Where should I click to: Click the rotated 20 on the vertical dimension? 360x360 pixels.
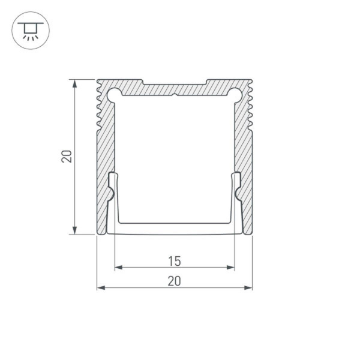click(67, 157)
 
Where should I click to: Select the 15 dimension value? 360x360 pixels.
click(174, 260)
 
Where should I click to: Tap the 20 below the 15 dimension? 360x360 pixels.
click(174, 280)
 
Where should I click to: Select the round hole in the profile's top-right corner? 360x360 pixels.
click(236, 94)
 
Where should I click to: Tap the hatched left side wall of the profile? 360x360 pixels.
click(104, 156)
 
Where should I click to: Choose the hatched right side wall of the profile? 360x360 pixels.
click(244, 156)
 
